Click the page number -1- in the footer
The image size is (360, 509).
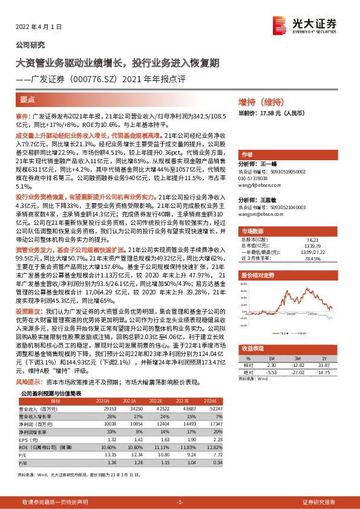pos(180,502)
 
